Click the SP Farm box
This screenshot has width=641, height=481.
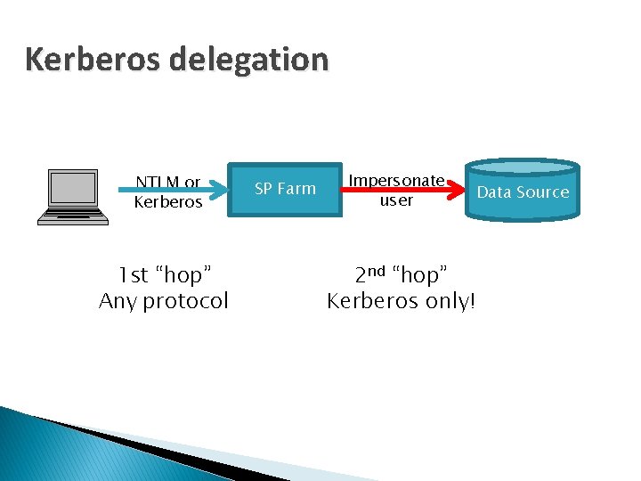285,189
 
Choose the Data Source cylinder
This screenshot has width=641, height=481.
523,192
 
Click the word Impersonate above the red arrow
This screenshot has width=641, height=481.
396,181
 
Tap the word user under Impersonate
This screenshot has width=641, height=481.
396,200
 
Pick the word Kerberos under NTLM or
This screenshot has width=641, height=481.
168,202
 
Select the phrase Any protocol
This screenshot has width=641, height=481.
164,301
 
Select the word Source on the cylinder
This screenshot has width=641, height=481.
543,192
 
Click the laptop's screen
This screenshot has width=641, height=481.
74,188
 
